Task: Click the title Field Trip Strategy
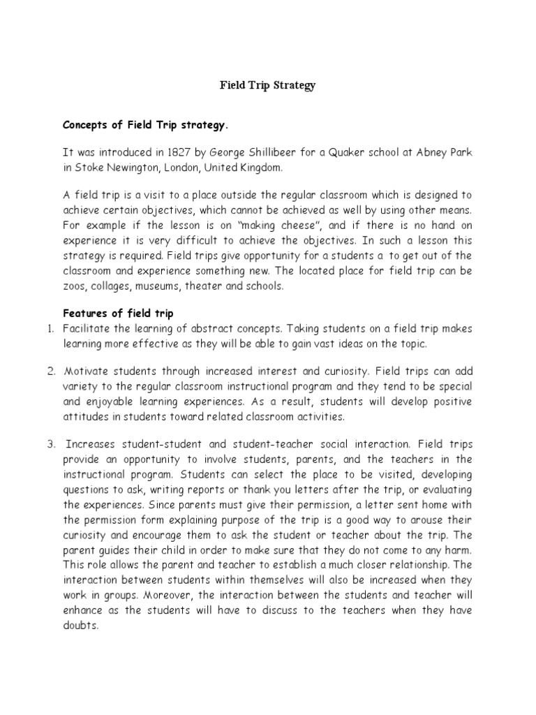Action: pos(268,86)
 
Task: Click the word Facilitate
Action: pos(86,329)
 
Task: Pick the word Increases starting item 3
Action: pos(89,443)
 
